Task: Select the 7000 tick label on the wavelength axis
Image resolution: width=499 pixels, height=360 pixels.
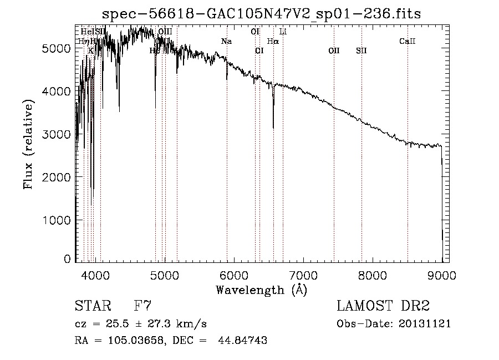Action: [303, 275]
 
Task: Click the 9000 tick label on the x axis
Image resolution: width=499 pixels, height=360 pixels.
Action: [442, 275]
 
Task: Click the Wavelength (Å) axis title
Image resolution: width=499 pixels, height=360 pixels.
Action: [261, 290]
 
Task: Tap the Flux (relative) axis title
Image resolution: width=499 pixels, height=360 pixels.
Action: [29, 144]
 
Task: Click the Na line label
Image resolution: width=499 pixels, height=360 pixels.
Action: [226, 42]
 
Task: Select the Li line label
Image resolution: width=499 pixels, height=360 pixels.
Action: [283, 32]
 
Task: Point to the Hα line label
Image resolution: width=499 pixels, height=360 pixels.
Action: [273, 42]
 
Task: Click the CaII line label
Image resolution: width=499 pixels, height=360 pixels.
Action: [408, 42]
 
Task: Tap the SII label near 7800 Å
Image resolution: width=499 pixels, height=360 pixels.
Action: [361, 51]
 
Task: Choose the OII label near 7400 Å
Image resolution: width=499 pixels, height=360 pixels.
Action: [334, 51]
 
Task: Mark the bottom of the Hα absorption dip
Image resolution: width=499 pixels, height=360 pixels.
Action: [273, 128]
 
